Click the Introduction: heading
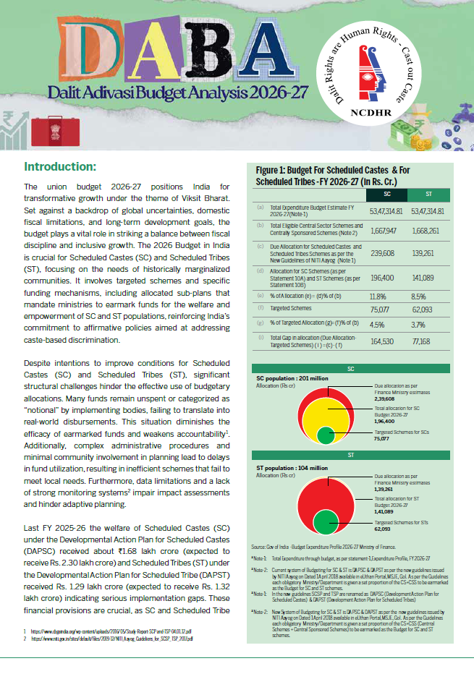click(65, 166)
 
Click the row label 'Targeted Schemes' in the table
click(289, 309)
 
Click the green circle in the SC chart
click(326, 435)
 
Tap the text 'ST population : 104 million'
click(292, 469)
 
